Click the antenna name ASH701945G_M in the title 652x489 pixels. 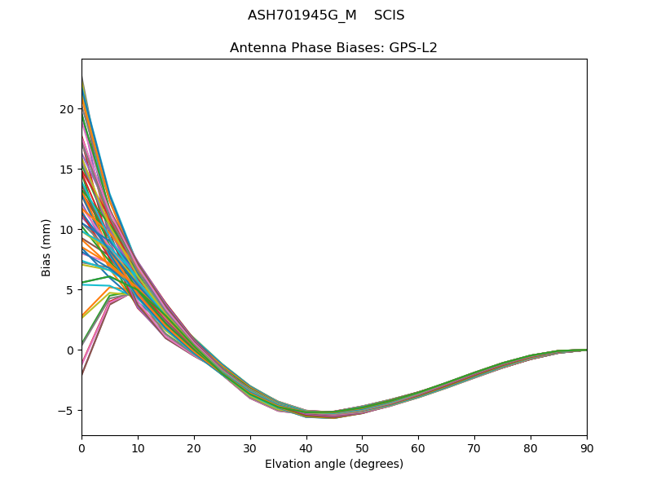point(302,15)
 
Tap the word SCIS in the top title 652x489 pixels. point(389,15)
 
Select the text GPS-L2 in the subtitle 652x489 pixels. point(413,48)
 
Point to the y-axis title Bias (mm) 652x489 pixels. point(46,247)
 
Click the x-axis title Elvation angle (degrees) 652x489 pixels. point(334,465)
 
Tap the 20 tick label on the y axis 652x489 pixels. point(67,109)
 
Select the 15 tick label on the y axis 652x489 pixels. point(67,170)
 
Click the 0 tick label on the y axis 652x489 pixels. point(71,350)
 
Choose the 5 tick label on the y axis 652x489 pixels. point(71,290)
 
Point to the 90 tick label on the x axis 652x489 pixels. point(587,447)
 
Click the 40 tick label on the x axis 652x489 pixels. point(306,447)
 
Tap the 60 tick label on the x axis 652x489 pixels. point(418,447)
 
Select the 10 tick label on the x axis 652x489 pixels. point(138,447)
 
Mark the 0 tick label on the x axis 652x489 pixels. point(81,447)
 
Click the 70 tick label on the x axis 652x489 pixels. point(474,447)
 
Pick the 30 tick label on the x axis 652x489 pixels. point(250,447)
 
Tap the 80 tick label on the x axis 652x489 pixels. point(531,447)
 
